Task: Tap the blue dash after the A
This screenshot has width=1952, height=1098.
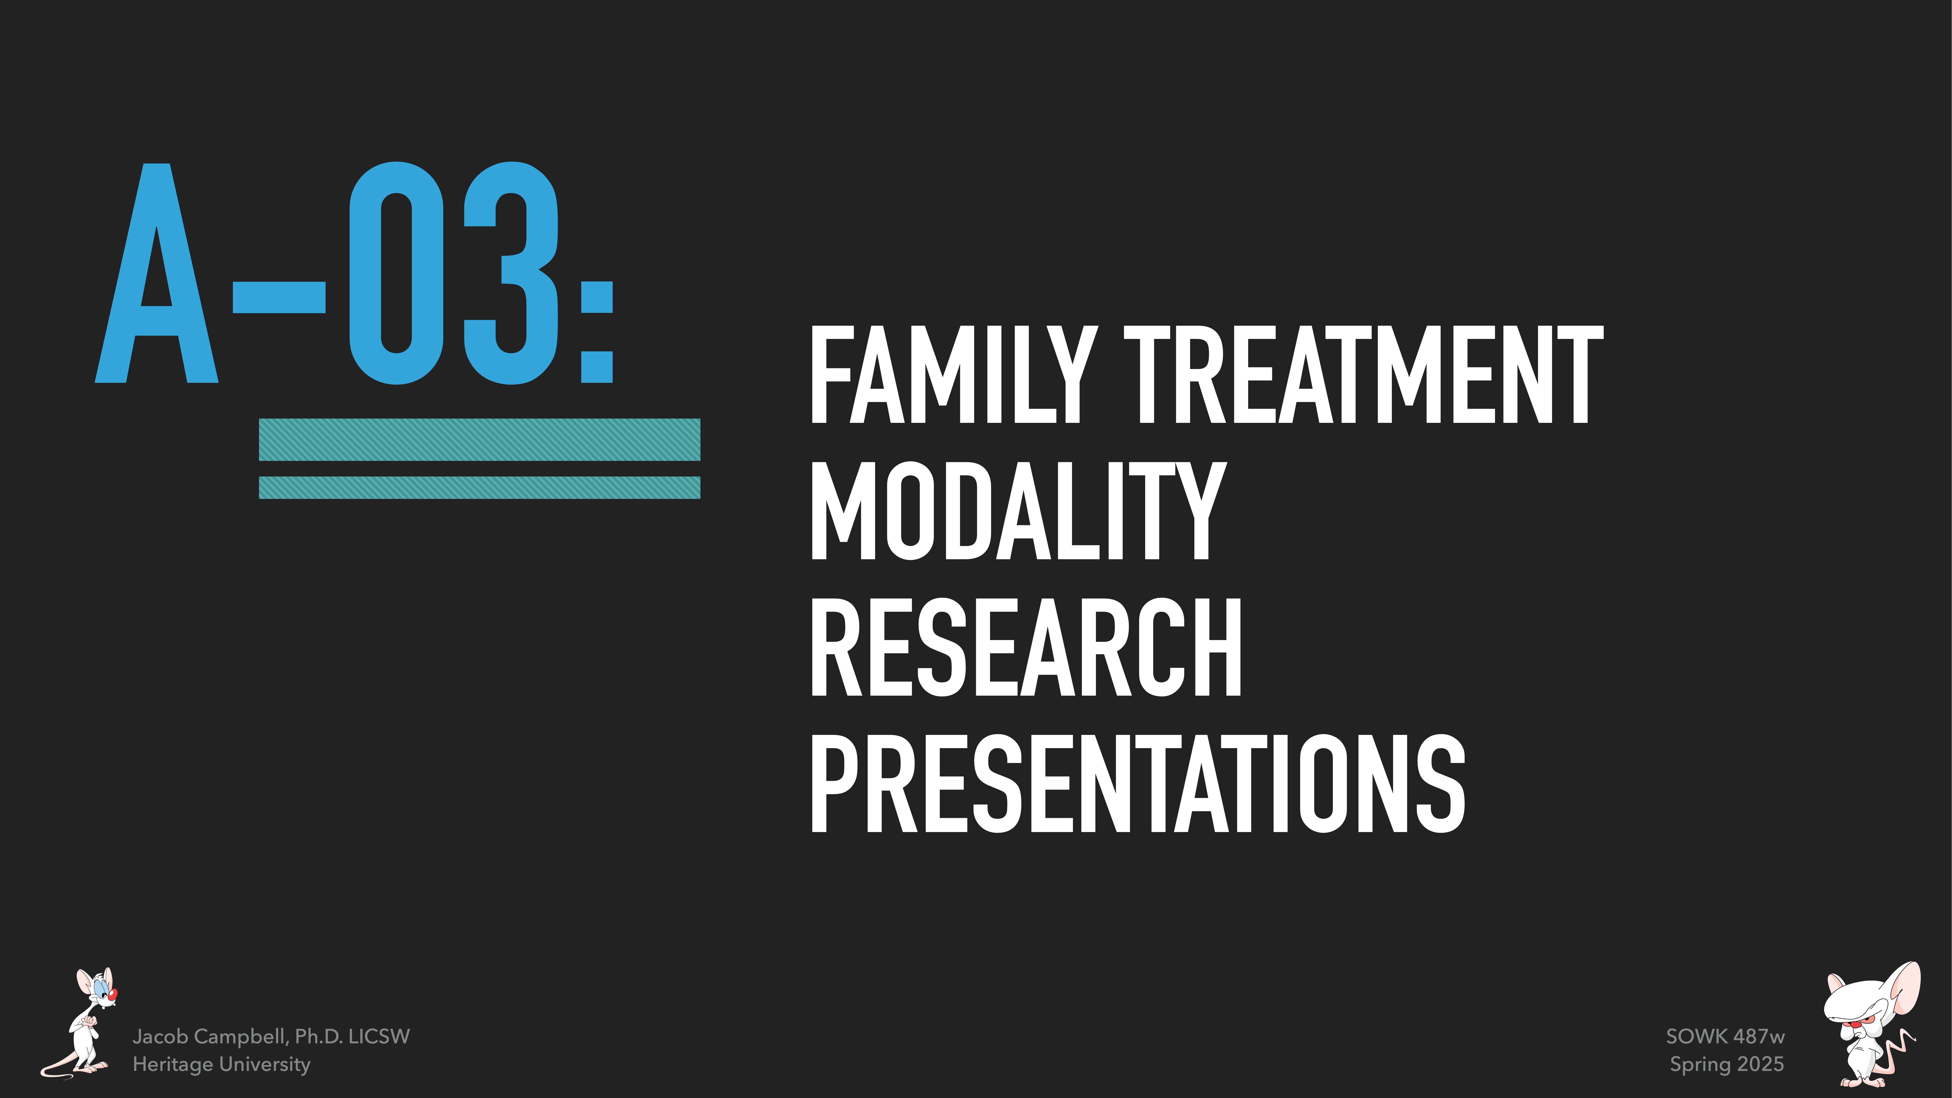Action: tap(279, 297)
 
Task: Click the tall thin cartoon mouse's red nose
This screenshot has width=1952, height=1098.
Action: tap(113, 993)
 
